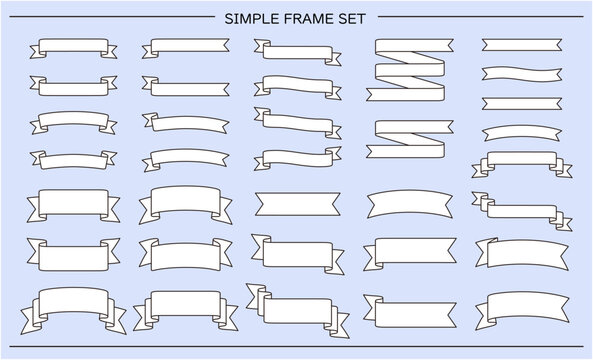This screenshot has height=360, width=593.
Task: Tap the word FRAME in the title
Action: tap(306, 19)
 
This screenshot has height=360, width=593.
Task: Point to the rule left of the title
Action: tap(112, 17)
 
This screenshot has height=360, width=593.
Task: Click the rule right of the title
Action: tap(481, 17)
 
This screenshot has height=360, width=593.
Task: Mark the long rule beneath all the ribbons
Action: tap(296, 346)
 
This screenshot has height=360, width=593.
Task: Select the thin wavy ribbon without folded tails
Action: tap(522, 74)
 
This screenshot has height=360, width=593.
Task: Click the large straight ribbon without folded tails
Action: tap(298, 204)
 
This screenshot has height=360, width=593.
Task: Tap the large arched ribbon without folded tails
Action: tap(410, 203)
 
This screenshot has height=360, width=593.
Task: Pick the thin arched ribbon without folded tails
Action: tap(522, 133)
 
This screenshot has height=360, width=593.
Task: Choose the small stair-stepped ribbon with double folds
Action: tap(522, 211)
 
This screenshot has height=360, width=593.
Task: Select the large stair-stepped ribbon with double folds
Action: tap(298, 310)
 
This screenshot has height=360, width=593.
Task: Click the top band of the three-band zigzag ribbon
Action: tap(414, 45)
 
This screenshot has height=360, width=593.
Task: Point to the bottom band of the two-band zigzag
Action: tap(405, 151)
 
